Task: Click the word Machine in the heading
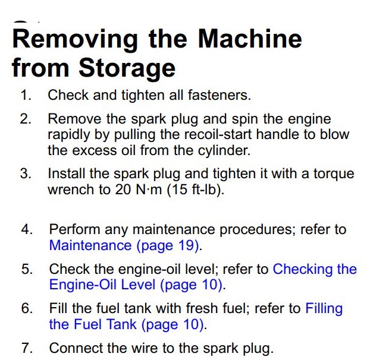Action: pos(250,39)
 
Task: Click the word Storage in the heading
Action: pos(127,69)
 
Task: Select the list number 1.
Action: pos(26,95)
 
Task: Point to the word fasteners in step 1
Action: pos(219,95)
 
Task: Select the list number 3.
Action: pos(26,173)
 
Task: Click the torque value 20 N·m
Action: pos(139,190)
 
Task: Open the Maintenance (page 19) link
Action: pos(124,246)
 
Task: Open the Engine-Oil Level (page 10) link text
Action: pos(136,285)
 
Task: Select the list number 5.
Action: pos(27,269)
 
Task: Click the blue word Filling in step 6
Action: pos(324,308)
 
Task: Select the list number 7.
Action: pos(27,348)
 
